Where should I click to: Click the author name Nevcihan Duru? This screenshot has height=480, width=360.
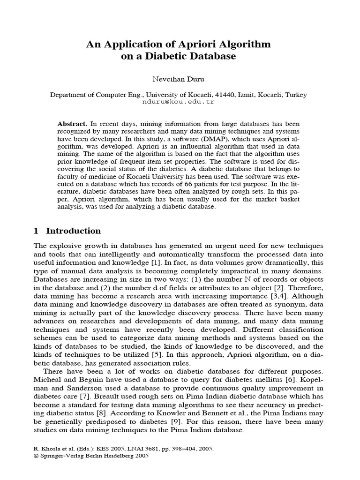tap(180, 80)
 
